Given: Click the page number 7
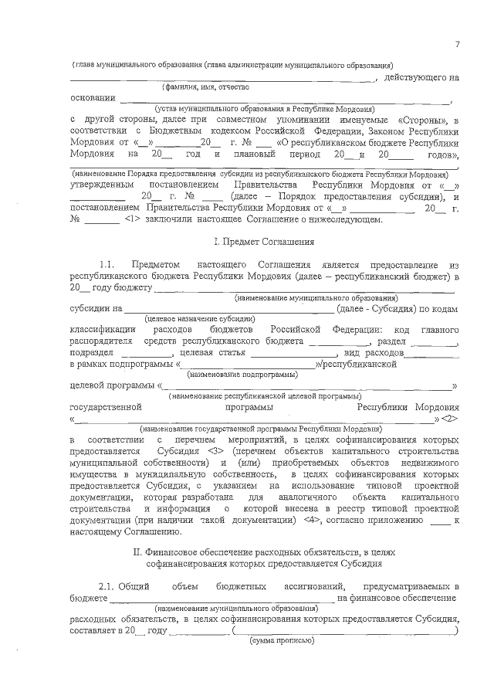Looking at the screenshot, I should tap(457, 44).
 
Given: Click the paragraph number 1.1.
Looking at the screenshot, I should tap(110, 264).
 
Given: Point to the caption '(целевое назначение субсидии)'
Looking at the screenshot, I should tap(200, 318).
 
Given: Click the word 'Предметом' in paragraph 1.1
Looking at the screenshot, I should tap(160, 264).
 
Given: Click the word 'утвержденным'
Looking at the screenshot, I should tap(103, 186).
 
